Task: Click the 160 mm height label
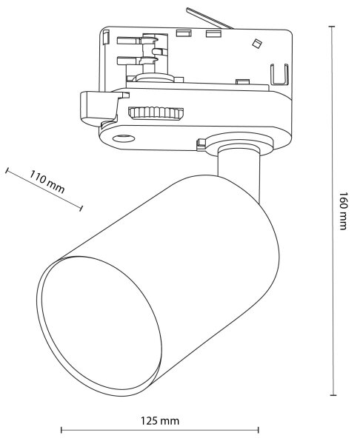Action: coord(343,211)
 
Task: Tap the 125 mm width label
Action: coord(160,420)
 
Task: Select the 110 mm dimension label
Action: coord(47,181)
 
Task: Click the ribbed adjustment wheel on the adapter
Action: coord(156,112)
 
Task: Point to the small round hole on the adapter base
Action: coord(124,138)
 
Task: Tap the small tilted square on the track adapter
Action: coord(257,44)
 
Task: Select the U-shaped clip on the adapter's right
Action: coord(279,75)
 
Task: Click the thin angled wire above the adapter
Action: coord(210,18)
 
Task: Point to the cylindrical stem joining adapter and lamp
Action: coord(239,170)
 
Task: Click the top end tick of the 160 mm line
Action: coord(332,27)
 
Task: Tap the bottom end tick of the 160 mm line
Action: coord(333,395)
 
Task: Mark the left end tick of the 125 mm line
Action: coord(61,430)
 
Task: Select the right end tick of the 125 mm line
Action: coord(259,430)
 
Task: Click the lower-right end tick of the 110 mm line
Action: coord(81,209)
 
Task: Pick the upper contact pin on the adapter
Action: coord(136,40)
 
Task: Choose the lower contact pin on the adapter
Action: coord(136,61)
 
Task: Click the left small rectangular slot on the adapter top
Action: coord(184,33)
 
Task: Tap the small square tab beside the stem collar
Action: coord(201,144)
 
